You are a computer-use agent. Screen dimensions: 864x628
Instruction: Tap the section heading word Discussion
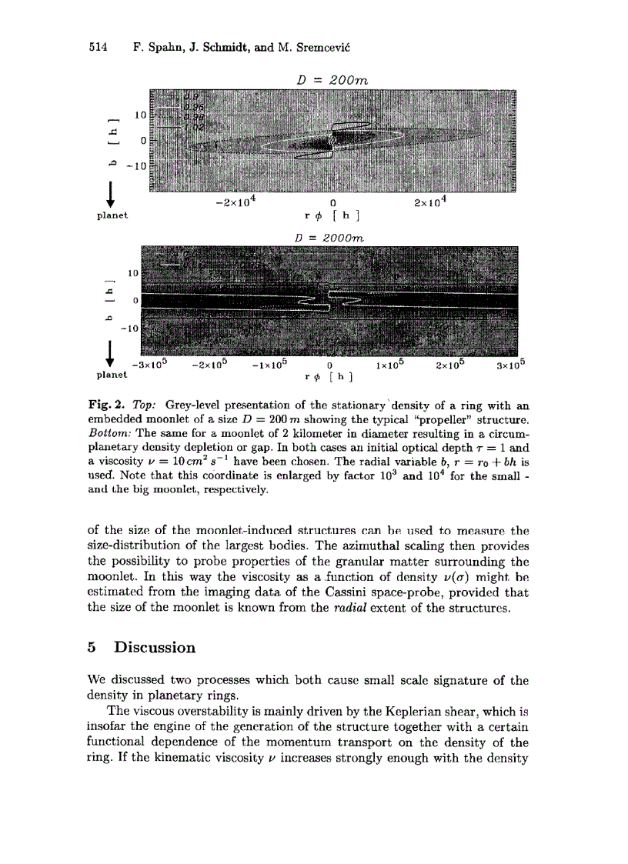[155, 647]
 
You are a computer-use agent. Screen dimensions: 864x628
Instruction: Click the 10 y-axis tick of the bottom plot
[132, 272]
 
